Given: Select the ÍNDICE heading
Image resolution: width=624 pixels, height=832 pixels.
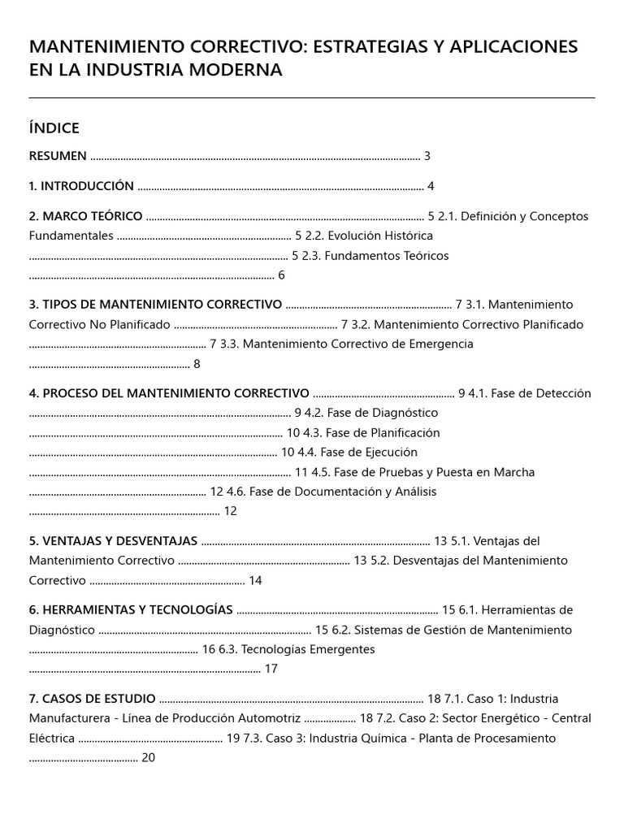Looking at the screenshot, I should (54, 128).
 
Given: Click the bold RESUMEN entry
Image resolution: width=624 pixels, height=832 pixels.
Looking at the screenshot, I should (58, 156).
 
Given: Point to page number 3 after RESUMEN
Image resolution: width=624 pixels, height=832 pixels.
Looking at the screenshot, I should (427, 156).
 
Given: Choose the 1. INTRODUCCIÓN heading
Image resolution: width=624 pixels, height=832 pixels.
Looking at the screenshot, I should (81, 186).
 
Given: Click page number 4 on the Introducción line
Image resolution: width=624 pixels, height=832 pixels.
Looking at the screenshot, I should (431, 186).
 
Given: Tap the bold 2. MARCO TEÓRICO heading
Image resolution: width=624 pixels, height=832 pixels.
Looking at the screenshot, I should (86, 216).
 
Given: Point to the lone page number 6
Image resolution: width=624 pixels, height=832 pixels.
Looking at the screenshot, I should (281, 275).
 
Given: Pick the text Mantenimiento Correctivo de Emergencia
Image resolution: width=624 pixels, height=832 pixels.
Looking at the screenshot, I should (357, 344).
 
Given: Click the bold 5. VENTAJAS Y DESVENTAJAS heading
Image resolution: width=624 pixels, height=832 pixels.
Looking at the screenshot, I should (113, 540).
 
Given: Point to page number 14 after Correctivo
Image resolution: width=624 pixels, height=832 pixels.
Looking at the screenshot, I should (255, 580).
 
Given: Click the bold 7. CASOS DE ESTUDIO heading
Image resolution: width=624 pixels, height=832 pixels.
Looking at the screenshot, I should (93, 699).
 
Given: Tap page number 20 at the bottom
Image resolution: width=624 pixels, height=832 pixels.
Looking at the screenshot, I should (148, 757).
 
